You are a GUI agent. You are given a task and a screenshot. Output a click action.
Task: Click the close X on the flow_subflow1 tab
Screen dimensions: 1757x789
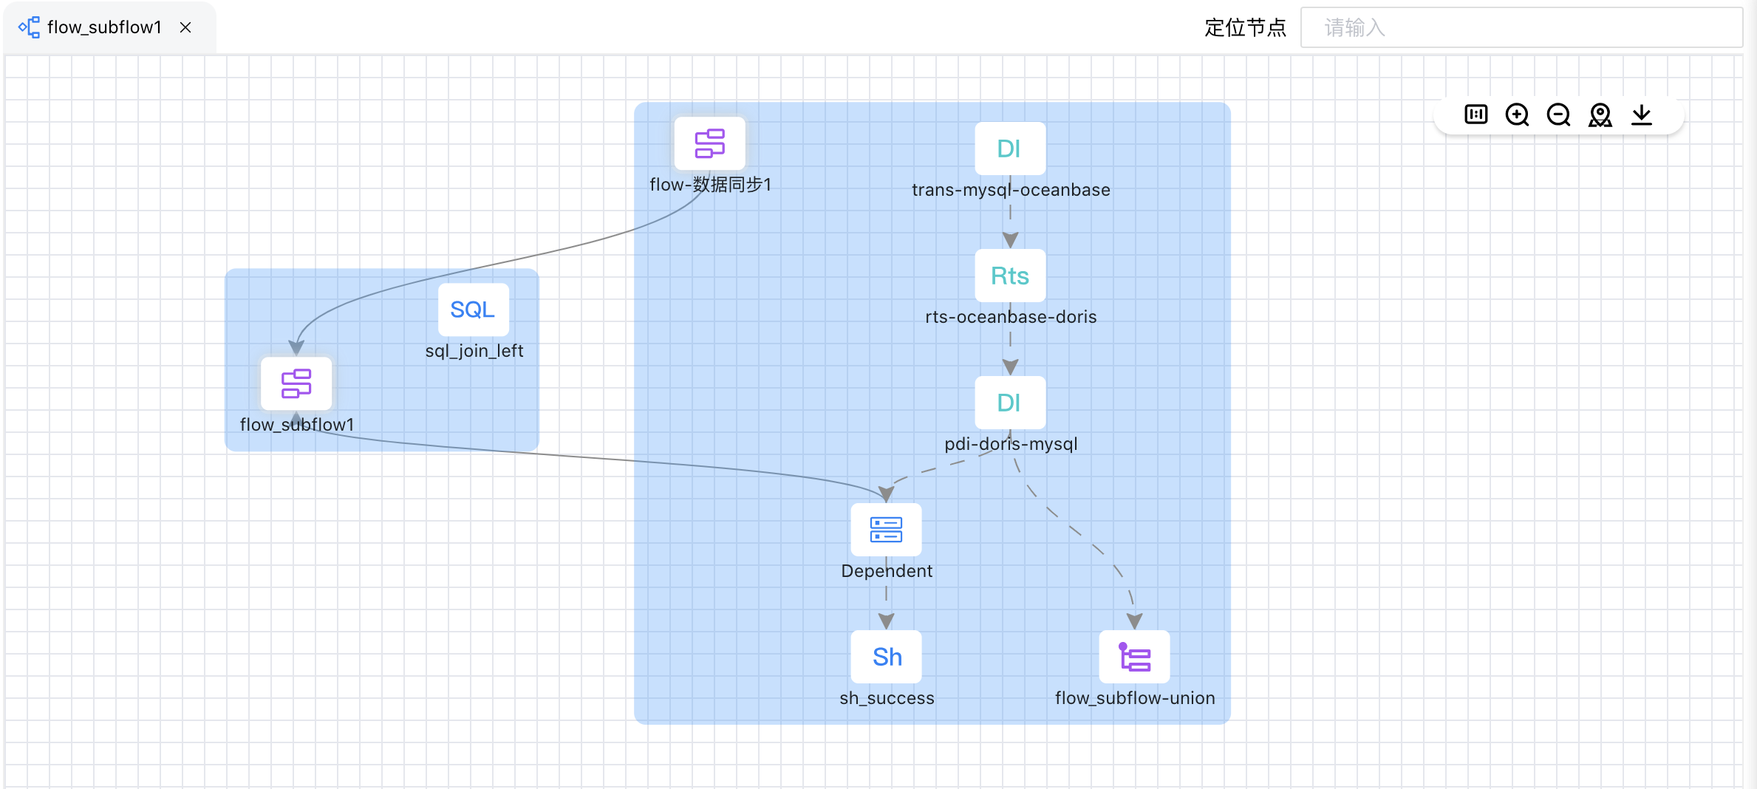pyautogui.click(x=185, y=27)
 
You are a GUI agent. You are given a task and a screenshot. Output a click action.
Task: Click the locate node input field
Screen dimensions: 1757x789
pyautogui.click(x=1521, y=28)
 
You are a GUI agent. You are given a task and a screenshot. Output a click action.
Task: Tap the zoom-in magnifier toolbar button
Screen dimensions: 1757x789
pyautogui.click(x=1517, y=115)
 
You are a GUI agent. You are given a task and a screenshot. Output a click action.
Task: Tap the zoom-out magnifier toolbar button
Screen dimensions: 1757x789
pyautogui.click(x=1558, y=115)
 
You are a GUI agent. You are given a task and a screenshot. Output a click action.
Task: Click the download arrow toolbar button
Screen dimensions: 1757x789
pyautogui.click(x=1641, y=115)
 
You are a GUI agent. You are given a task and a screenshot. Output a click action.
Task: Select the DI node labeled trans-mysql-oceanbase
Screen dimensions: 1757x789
pyautogui.click(x=1009, y=148)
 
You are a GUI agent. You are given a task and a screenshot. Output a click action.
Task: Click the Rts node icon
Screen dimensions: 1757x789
pyautogui.click(x=1009, y=276)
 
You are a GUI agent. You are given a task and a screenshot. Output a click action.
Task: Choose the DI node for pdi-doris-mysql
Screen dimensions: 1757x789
pyautogui.click(x=1009, y=403)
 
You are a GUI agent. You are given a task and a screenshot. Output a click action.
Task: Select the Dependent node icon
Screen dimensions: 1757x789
pyautogui.click(x=886, y=530)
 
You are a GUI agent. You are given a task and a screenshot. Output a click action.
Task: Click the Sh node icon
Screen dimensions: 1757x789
pyautogui.click(x=886, y=657)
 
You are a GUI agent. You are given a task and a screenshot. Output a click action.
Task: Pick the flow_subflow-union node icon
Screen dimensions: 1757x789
pyautogui.click(x=1134, y=657)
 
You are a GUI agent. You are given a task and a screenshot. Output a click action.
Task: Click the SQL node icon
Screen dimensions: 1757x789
pyautogui.click(x=473, y=310)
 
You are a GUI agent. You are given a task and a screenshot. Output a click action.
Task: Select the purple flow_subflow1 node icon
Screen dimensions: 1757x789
pyautogui.click(x=296, y=383)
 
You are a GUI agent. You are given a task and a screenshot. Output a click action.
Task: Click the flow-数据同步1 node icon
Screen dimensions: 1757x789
pyautogui.click(x=709, y=143)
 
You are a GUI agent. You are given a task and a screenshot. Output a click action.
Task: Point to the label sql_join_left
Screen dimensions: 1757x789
pyautogui.click(x=474, y=351)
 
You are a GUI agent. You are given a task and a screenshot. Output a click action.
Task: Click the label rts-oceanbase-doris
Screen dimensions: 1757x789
pyautogui.click(x=1010, y=317)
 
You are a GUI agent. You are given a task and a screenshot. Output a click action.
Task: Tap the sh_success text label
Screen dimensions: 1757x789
pyautogui.click(x=886, y=698)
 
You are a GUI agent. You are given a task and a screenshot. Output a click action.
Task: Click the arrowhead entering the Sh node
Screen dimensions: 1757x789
pyautogui.click(x=886, y=621)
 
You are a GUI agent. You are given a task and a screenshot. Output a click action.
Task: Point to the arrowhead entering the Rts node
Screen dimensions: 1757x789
pyautogui.click(x=1010, y=240)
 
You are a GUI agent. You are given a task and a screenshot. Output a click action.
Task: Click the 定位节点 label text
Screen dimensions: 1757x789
pyautogui.click(x=1245, y=28)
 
